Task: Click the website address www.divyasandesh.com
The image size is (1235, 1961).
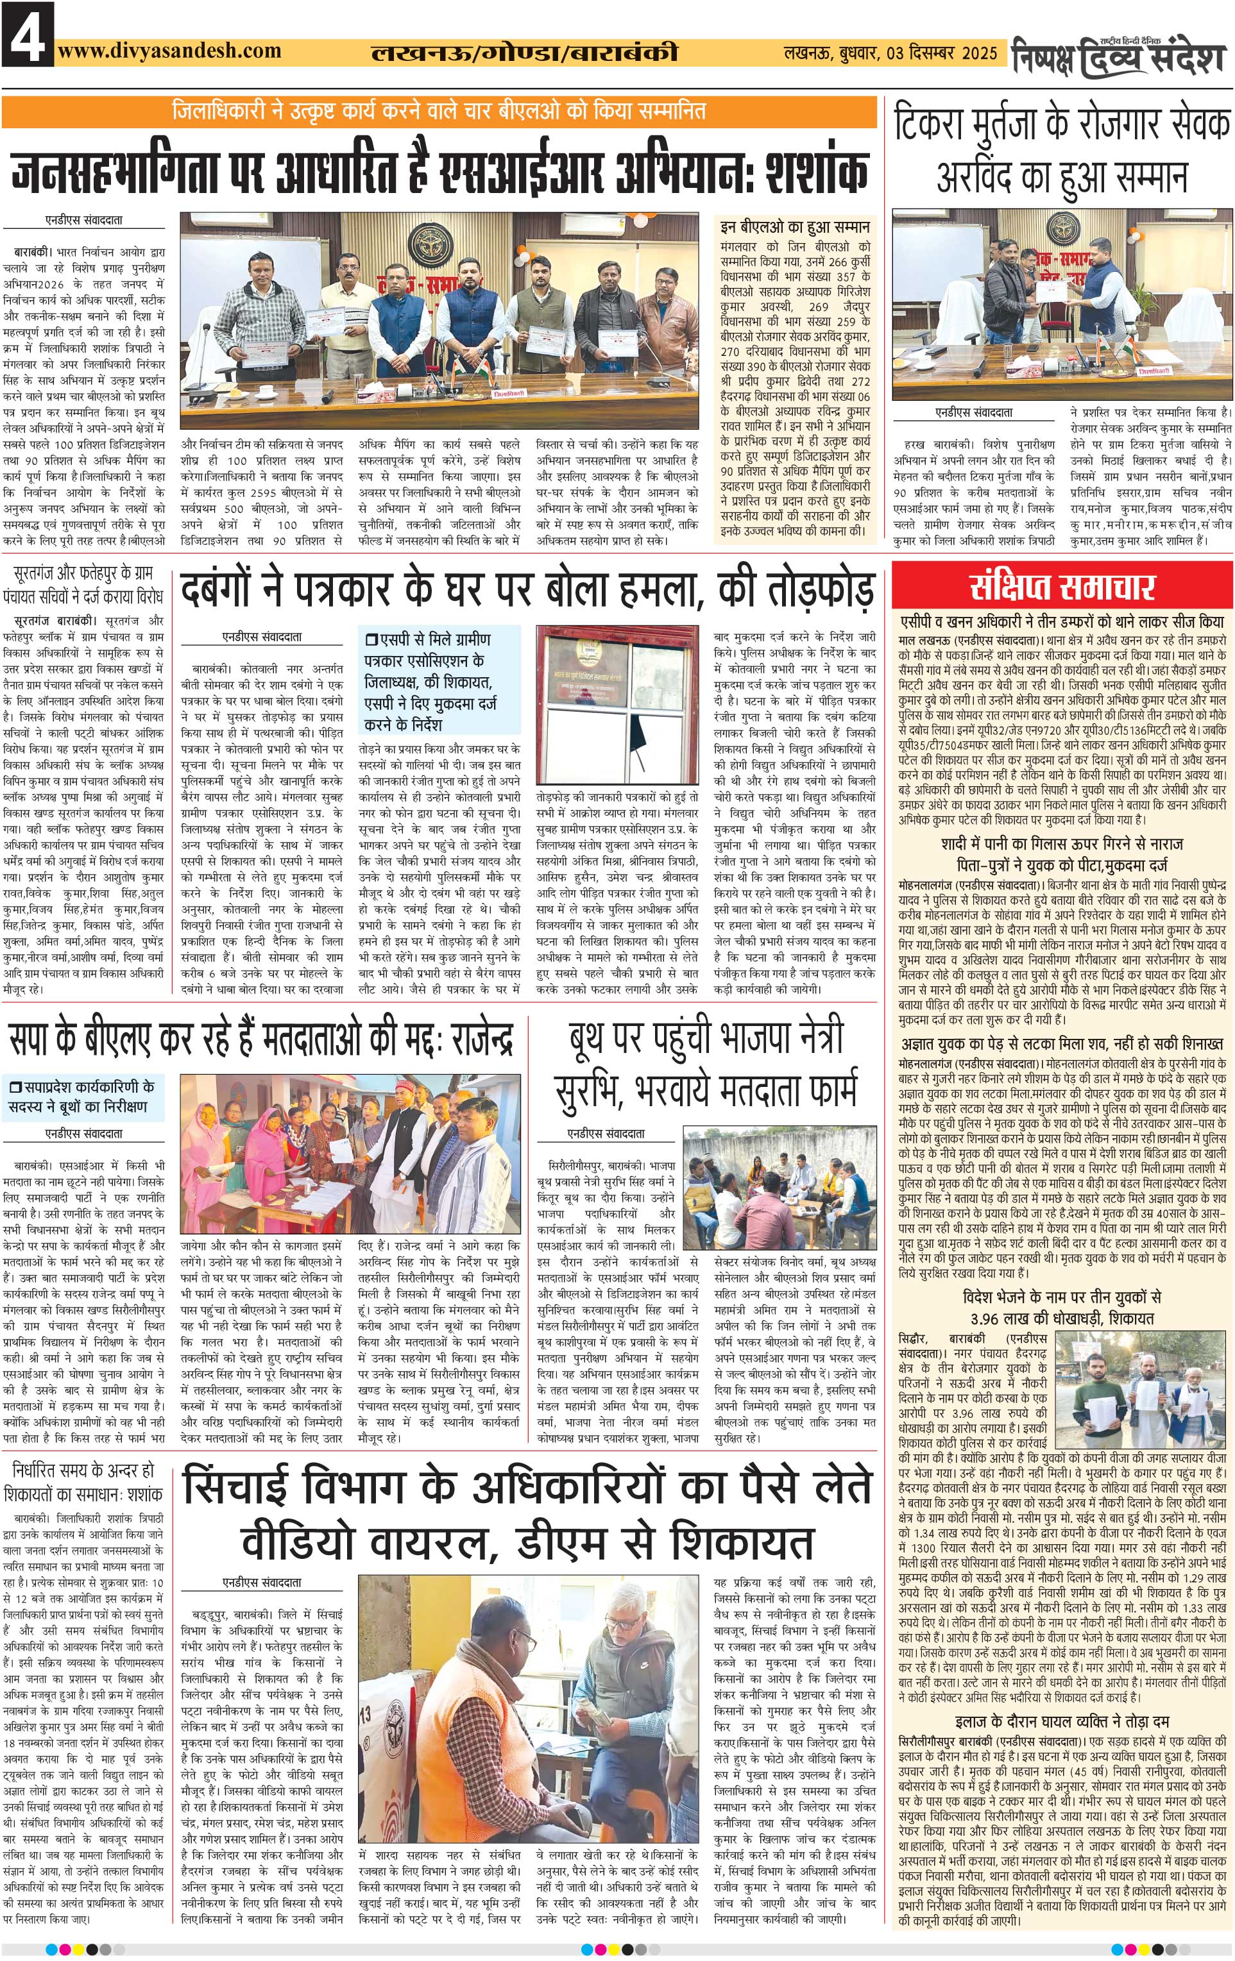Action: pyautogui.click(x=169, y=51)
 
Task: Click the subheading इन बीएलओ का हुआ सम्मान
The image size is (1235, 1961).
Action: pyautogui.click(x=795, y=226)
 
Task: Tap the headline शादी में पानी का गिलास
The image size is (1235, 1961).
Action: pyautogui.click(x=1062, y=844)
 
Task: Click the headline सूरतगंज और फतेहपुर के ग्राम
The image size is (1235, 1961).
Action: pyautogui.click(x=83, y=573)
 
